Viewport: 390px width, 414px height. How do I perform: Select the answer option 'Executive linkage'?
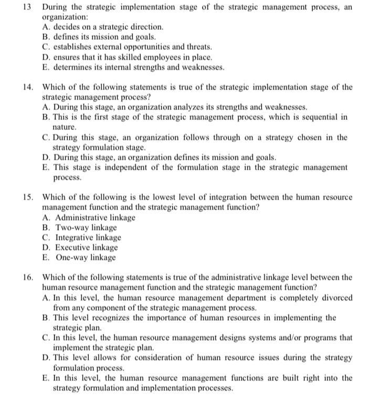pos(87,247)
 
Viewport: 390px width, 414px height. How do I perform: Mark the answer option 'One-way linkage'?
pos(86,257)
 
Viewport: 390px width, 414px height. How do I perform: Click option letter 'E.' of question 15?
pos(46,257)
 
